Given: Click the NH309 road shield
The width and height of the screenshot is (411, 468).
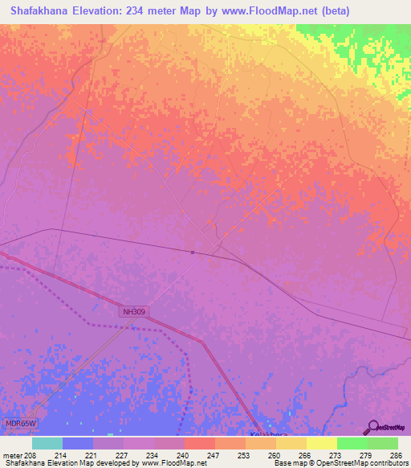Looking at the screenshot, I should (136, 310).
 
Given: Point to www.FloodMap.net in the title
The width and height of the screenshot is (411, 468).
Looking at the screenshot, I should (307, 10).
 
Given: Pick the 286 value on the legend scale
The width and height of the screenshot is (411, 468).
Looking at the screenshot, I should (396, 455).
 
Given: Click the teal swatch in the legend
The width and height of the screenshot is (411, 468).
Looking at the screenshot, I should (47, 443).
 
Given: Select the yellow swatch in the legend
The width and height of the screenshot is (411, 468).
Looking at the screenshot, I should (322, 443).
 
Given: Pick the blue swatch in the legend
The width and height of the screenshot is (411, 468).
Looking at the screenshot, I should (78, 443).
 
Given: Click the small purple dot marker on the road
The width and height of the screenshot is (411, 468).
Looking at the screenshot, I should (193, 252).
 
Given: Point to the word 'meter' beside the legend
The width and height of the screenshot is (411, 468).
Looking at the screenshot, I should (12, 455).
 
